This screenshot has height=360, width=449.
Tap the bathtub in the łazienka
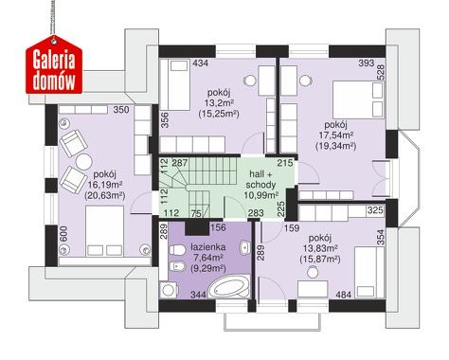pos(229,287)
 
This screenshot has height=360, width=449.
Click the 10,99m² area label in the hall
pos(260,195)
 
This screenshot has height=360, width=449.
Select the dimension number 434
pos(201,63)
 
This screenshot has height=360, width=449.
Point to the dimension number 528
pos(381,73)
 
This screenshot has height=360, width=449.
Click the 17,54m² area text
pos(335,135)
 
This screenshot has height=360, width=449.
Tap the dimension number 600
pos(63,234)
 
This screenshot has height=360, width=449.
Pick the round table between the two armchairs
pos(83,162)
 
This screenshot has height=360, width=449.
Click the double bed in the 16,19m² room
pos(104,231)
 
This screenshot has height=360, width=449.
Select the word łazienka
pos(207,247)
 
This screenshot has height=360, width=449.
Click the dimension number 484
pos(344,295)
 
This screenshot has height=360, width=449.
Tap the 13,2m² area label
pos(219,103)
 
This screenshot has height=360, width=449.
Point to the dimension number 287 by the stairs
pos(180,163)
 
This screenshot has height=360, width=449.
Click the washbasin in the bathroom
pos(244,248)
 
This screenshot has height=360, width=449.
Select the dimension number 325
pos(375,210)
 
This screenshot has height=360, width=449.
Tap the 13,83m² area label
pos(320,248)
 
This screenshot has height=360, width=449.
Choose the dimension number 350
pos(121,110)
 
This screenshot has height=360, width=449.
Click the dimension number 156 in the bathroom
pos(218,227)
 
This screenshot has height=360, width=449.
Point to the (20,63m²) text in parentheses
pos(105,196)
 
